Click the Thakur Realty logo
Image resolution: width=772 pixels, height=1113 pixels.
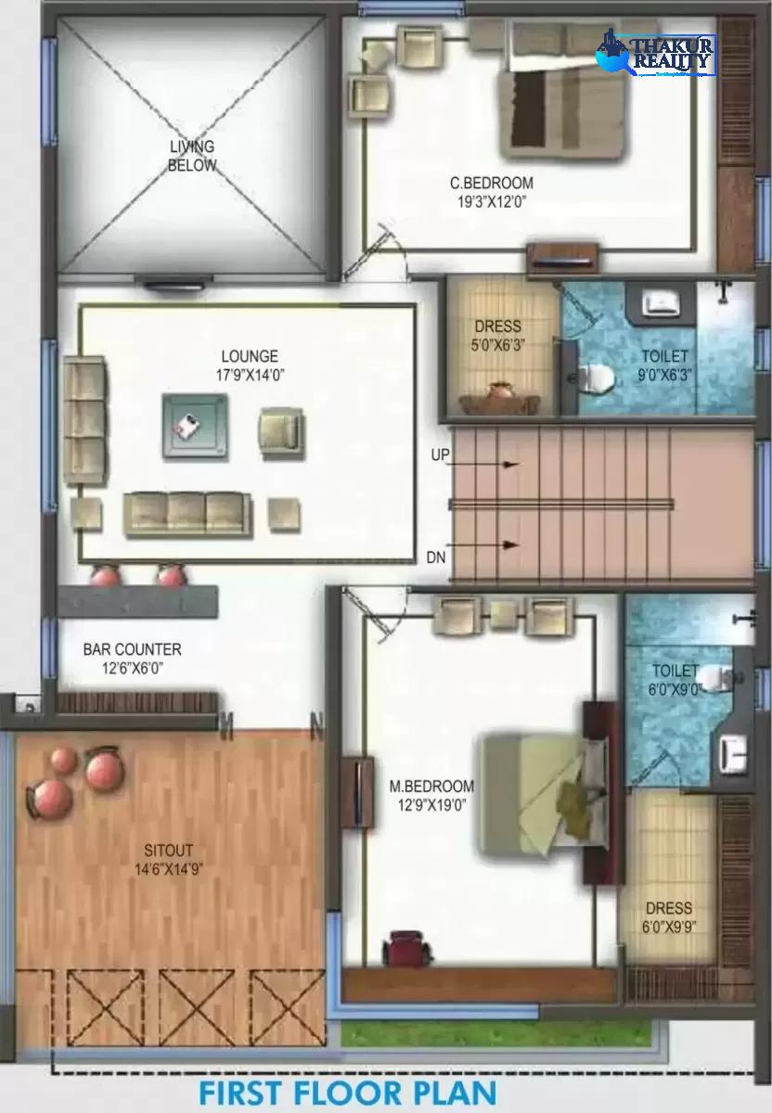point(656,53)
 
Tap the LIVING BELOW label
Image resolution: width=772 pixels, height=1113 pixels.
point(192,156)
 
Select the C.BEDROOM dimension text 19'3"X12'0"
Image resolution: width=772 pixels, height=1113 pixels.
point(492,202)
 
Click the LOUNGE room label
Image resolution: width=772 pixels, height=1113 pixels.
point(250,356)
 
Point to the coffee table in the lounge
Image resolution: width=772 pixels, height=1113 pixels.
point(195,426)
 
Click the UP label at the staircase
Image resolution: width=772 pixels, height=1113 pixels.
point(440,454)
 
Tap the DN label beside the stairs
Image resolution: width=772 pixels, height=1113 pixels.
point(435,558)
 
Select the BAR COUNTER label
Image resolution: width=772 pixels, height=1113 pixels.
point(133,649)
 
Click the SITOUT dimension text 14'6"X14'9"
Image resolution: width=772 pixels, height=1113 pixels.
point(169,870)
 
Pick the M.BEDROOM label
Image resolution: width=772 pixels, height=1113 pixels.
point(431,787)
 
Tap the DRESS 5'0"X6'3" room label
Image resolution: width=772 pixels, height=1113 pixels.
point(497,336)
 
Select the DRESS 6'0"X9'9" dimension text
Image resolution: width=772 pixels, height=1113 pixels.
point(669,927)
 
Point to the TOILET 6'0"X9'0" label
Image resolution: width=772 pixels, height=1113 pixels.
point(675,680)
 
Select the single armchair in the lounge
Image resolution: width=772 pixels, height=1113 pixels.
point(281,429)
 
